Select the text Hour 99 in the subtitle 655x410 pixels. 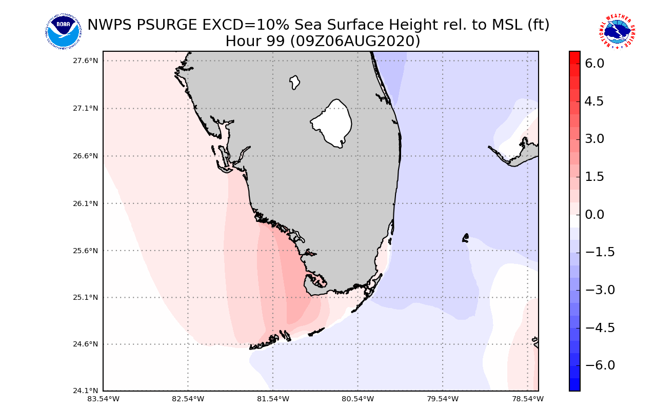point(254,41)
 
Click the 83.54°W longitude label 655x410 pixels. point(103,398)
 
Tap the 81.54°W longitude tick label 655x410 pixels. point(273,398)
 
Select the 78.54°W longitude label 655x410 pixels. point(528,398)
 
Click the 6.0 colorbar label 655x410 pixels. point(594,64)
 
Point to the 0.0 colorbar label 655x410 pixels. point(594,214)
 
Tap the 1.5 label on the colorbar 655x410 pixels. point(594,177)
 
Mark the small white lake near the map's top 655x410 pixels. point(294,82)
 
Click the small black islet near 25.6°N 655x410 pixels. point(466,237)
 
